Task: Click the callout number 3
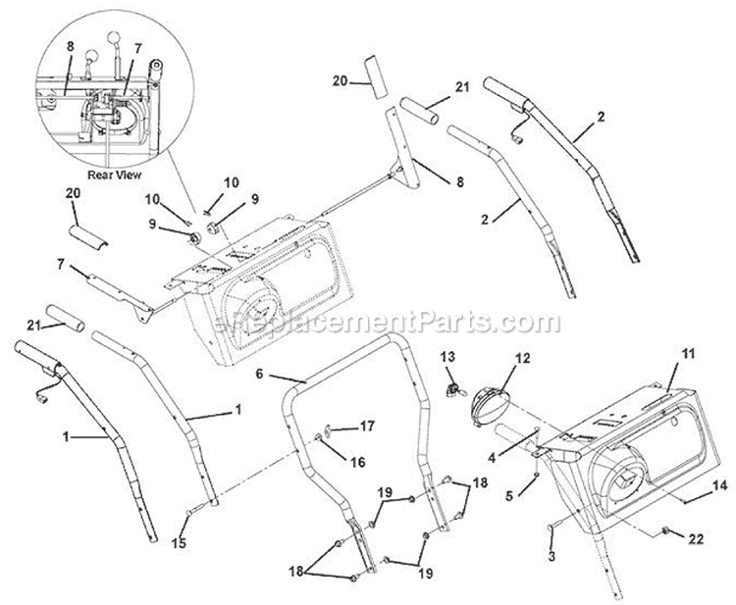point(552,555)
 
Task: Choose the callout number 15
point(180,542)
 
